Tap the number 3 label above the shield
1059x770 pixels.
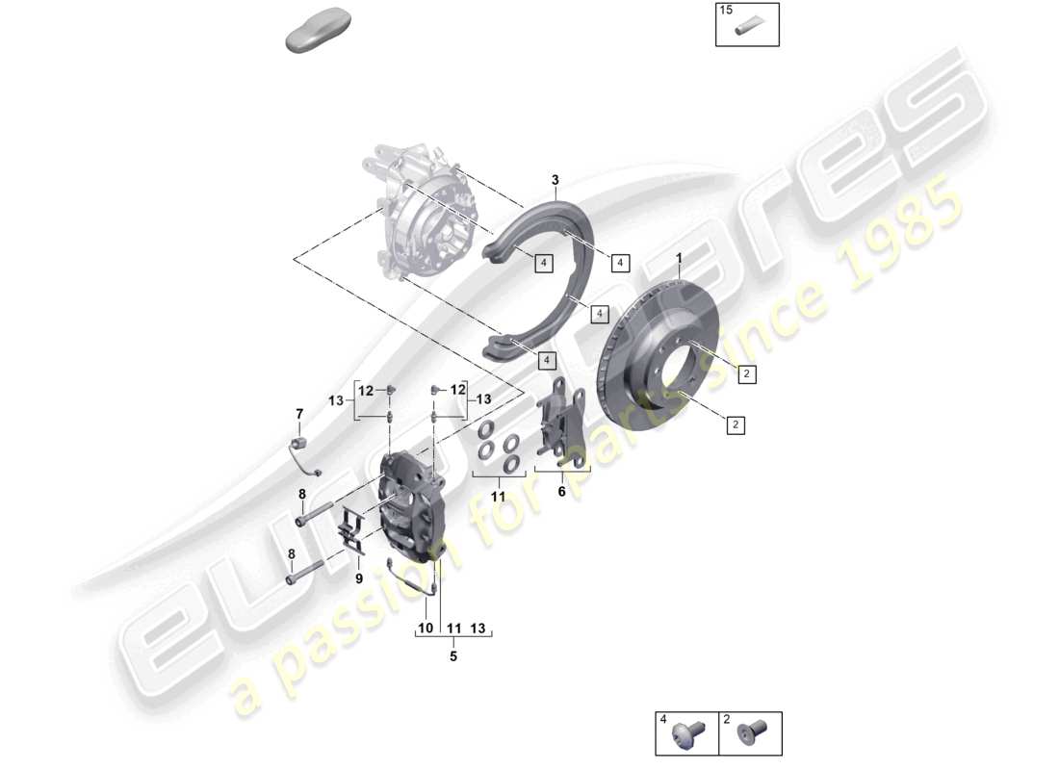pyautogui.click(x=555, y=180)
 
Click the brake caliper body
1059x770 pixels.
pyautogui.click(x=409, y=505)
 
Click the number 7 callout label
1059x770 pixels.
pyautogui.click(x=298, y=414)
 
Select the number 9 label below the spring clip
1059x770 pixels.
pyautogui.click(x=359, y=578)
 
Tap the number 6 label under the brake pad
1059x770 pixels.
pyautogui.click(x=562, y=490)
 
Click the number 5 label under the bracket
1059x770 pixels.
pyautogui.click(x=452, y=657)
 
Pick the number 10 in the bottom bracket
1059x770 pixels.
pyautogui.click(x=425, y=629)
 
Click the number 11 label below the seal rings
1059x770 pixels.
pyautogui.click(x=498, y=496)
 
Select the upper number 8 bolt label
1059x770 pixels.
pyautogui.click(x=302, y=495)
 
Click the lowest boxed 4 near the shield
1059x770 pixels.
pyautogui.click(x=547, y=360)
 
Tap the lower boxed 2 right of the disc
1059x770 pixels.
pyautogui.click(x=735, y=423)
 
